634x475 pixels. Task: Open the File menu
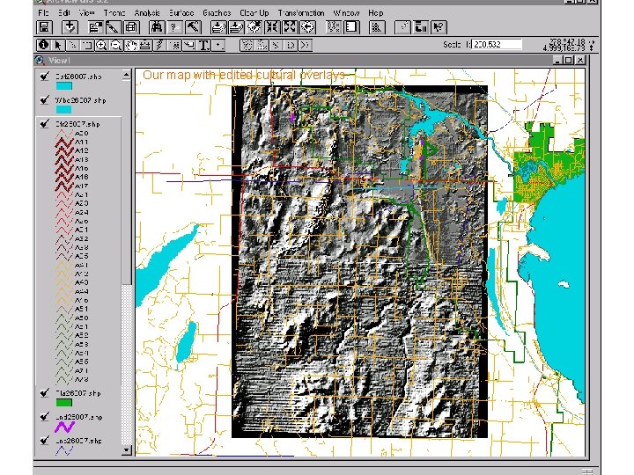43,13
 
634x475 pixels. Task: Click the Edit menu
64,13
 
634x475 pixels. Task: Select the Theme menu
114,13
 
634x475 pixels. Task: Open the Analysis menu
146,13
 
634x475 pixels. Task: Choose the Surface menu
181,13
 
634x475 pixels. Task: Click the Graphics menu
217,13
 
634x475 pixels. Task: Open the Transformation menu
301,13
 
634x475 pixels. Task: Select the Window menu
346,13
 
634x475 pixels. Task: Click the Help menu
376,13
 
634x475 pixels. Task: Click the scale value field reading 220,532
498,44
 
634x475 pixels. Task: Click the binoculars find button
157,28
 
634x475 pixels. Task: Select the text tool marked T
203,44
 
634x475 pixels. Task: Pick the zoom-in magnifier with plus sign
102,44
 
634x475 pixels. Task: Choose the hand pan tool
130,44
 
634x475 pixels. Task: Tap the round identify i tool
43,44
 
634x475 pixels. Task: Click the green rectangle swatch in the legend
64,403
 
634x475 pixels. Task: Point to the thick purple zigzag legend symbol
64,426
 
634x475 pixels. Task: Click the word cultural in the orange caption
276,76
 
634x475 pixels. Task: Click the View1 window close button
580,60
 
